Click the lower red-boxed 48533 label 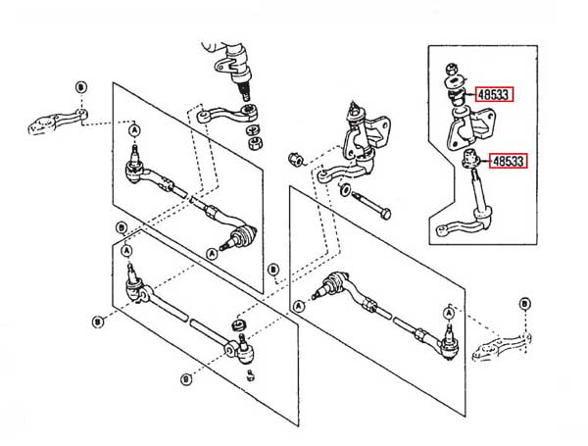[508, 161]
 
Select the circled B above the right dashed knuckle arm [524, 305]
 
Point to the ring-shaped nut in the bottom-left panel [235, 322]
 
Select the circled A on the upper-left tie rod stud [134, 131]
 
